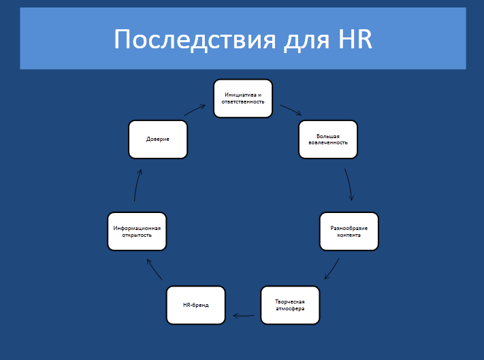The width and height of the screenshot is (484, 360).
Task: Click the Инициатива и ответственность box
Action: tap(243, 99)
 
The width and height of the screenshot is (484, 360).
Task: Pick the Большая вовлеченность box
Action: tap(327, 139)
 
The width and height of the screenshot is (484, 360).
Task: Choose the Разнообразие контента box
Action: tap(349, 231)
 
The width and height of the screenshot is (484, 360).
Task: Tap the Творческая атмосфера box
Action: tap(290, 305)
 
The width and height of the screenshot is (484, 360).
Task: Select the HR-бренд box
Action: tap(196, 305)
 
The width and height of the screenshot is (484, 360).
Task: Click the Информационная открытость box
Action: tap(137, 231)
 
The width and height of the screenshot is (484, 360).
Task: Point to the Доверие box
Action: tap(157, 139)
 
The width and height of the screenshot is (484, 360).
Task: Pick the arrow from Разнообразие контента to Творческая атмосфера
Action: tap(332, 269)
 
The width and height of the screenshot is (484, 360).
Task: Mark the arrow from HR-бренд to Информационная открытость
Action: tap(155, 269)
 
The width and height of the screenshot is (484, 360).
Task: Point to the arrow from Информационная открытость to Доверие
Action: tap(138, 184)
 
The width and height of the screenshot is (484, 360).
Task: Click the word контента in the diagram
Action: tap(349, 235)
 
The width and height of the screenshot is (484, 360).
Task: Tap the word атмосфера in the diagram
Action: tap(290, 308)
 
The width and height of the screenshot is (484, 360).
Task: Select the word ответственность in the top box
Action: tap(243, 102)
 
